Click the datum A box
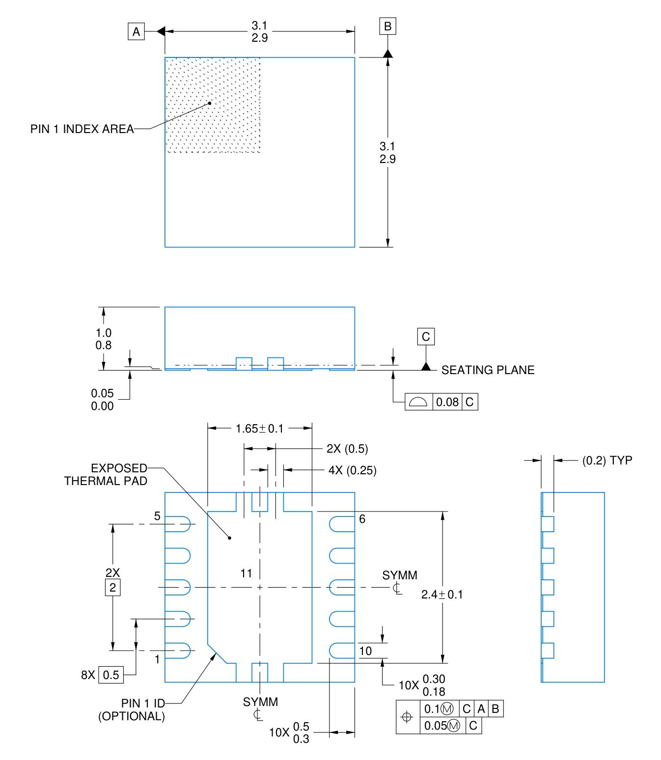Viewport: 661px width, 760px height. [136, 32]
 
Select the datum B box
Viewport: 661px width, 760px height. [387, 26]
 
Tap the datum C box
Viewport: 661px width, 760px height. [426, 337]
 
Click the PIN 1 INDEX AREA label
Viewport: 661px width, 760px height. [82, 129]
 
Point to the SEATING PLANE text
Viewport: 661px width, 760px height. [488, 370]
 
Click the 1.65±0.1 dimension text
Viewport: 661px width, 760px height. [259, 429]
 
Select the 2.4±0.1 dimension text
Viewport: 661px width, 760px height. [442, 595]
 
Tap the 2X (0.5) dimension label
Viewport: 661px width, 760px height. [347, 448]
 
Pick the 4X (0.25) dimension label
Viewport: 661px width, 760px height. [352, 470]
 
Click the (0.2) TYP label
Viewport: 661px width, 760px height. [607, 461]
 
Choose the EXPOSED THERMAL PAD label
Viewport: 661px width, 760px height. [106, 474]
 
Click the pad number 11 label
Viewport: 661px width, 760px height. [246, 573]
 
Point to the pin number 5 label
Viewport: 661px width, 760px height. [157, 516]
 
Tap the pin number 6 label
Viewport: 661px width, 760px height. [362, 519]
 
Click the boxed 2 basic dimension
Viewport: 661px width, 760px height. [112, 587]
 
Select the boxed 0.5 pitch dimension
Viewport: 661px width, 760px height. [111, 675]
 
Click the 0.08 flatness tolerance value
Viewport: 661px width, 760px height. [447, 402]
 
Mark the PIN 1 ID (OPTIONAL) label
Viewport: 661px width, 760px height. [132, 709]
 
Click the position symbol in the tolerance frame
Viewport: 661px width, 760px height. [407, 717]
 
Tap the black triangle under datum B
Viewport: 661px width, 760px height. [387, 53]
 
